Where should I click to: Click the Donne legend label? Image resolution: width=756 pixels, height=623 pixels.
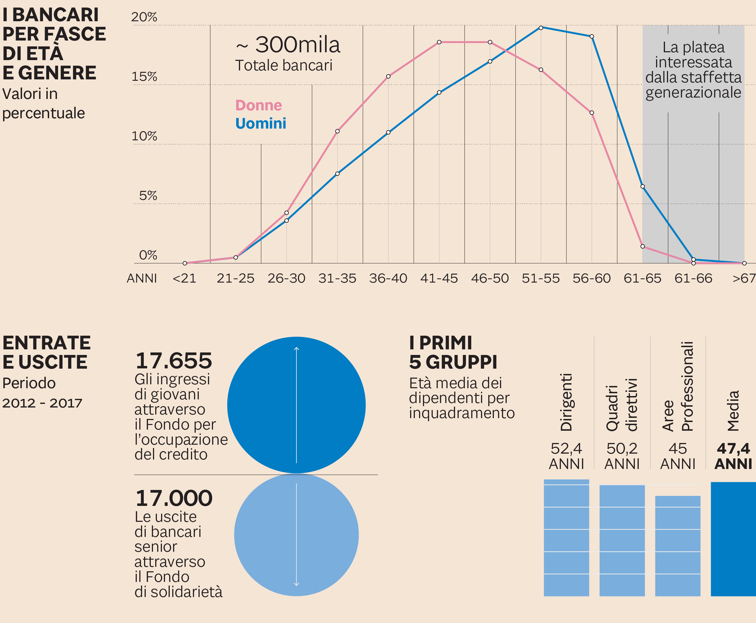[x=259, y=105]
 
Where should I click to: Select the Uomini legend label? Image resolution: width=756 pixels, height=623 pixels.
[x=260, y=124]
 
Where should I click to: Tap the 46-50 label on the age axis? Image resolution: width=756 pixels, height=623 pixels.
[x=490, y=278]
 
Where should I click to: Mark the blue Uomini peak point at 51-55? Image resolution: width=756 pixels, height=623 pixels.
[x=541, y=28]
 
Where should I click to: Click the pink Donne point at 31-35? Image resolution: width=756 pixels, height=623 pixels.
[x=337, y=131]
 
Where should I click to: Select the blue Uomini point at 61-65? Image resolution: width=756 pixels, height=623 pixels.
[x=643, y=186]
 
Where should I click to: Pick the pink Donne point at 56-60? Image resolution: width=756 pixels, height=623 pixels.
[x=592, y=113]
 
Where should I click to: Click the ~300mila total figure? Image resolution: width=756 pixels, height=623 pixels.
[x=288, y=45]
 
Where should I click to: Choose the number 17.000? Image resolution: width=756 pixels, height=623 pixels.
[x=174, y=498]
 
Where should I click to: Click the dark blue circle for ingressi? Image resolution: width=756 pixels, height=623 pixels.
[x=296, y=405]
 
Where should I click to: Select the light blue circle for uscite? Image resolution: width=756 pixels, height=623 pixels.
[x=296, y=535]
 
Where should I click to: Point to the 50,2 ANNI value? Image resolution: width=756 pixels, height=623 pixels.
[x=622, y=456]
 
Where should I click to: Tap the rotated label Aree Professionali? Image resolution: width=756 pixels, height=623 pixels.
[x=678, y=386]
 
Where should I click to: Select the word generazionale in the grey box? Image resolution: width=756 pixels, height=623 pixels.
[x=693, y=93]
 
